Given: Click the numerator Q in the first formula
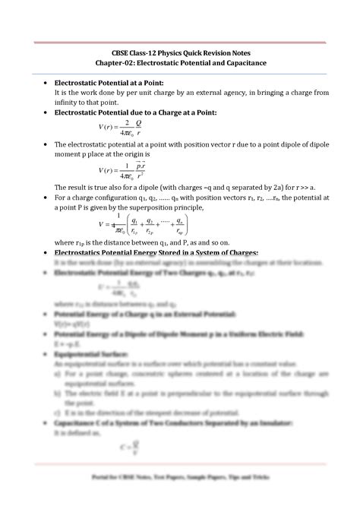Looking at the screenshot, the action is pos(139,123).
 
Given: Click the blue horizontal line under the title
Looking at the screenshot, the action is pos(179,73).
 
